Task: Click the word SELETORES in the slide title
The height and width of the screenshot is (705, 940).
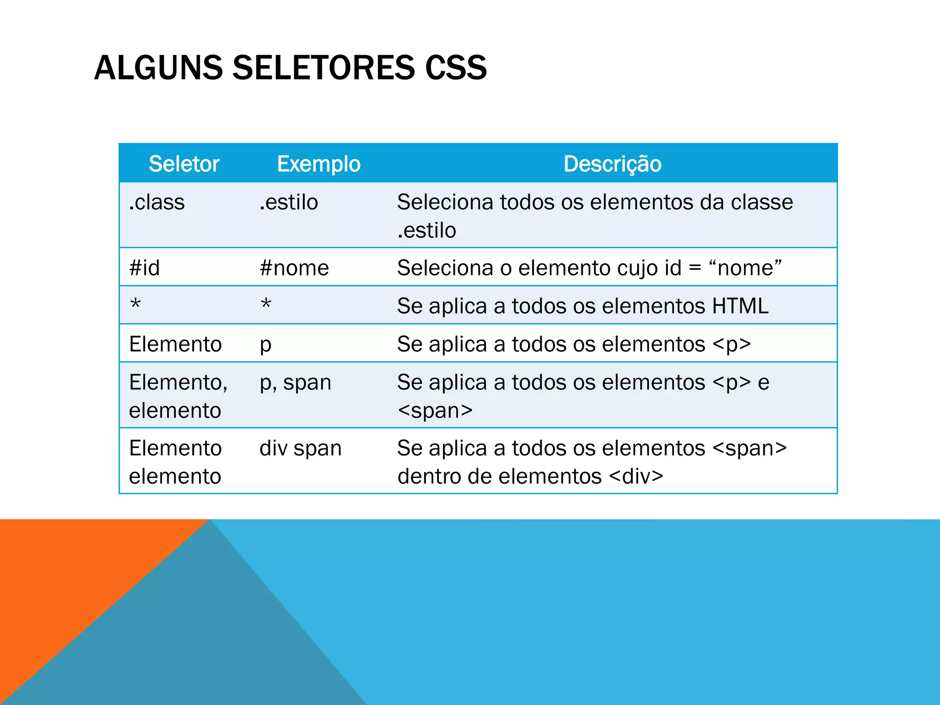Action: [x=324, y=68]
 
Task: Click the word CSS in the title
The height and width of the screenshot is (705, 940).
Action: [x=456, y=68]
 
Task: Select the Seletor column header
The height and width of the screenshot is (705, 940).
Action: [x=184, y=164]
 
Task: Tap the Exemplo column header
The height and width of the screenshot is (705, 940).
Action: [x=319, y=164]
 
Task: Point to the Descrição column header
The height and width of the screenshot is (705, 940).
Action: [x=612, y=164]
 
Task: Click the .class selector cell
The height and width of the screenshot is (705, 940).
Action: [x=157, y=202]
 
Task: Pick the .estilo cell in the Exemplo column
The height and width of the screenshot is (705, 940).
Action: [x=289, y=202]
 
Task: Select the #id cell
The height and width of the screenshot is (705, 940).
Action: [x=145, y=268]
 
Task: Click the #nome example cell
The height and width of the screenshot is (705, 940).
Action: [x=294, y=268]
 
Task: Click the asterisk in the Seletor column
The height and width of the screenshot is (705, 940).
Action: [x=135, y=305]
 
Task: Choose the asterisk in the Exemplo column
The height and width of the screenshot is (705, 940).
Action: [x=266, y=305]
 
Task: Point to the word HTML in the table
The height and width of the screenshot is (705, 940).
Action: [x=740, y=306]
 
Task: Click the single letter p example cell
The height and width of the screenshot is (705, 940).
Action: [x=265, y=345]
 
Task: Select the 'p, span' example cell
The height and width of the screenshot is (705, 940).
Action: [x=295, y=383]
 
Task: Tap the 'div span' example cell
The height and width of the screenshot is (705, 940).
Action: [x=300, y=448]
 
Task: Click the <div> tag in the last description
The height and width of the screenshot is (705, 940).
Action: [x=636, y=476]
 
